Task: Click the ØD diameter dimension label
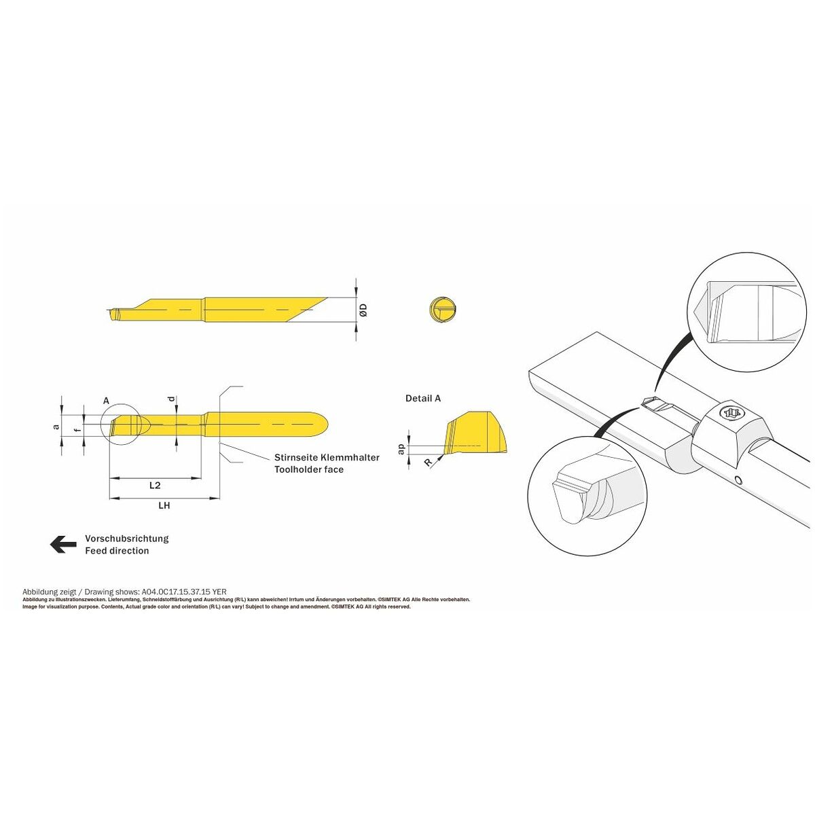tap(364, 310)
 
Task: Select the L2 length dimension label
tap(156, 485)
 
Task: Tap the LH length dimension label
tap(164, 505)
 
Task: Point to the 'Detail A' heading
tap(423, 398)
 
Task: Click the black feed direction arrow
tap(63, 544)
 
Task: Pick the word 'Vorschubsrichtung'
tap(127, 539)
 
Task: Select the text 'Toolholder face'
tap(309, 469)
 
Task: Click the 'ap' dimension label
tap(402, 449)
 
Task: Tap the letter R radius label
tap(429, 463)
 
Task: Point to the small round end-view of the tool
tap(443, 310)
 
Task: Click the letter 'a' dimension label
tap(56, 427)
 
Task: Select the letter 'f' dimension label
tap(76, 430)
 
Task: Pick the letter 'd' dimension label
tap(171, 399)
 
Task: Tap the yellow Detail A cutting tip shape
tap(475, 432)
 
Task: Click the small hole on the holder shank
tap(738, 479)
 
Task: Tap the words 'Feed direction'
tap(117, 551)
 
